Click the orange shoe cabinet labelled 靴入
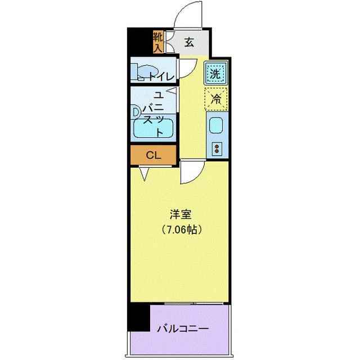click(157, 42)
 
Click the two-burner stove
click(216, 148)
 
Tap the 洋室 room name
click(181, 214)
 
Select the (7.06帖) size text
click(181, 229)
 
